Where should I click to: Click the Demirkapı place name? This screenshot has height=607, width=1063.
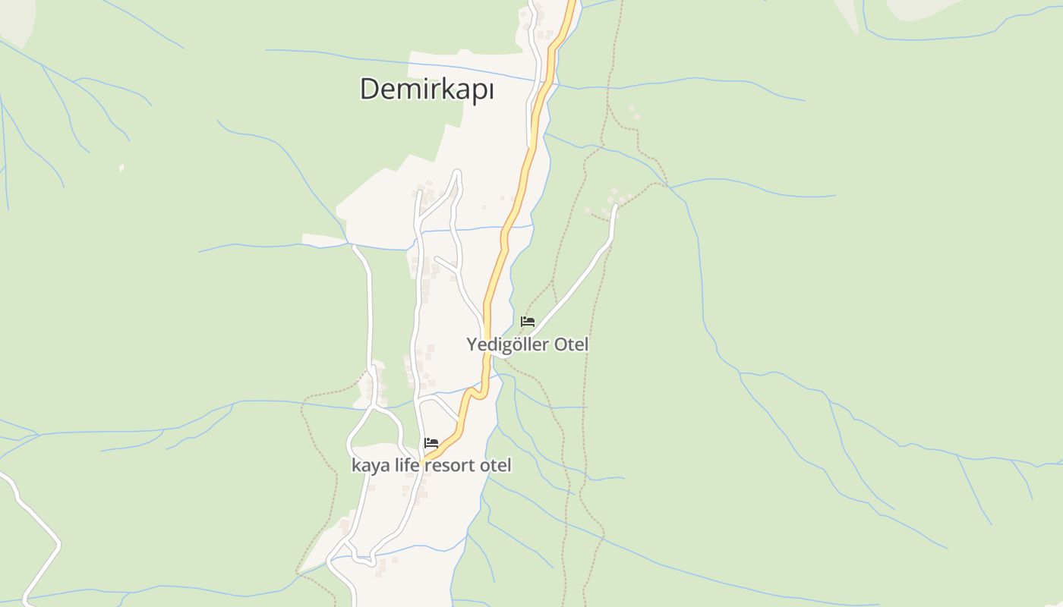click(427, 90)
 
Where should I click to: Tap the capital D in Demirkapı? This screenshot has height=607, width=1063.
click(369, 89)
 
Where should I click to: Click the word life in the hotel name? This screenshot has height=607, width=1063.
click(407, 465)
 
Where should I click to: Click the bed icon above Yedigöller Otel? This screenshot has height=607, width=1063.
click(528, 322)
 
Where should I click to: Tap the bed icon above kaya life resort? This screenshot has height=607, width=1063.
click(431, 443)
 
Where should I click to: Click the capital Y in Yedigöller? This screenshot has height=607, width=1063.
click(472, 344)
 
